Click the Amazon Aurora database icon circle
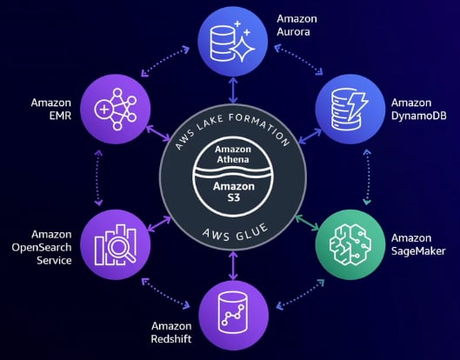point(233,42)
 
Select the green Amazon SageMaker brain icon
point(350,244)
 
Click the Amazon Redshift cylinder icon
point(233,313)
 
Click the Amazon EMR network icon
point(115,110)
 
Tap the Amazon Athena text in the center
point(233,154)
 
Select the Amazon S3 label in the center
point(234,192)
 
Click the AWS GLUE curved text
point(236,232)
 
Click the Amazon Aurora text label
point(297,25)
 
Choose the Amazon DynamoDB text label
point(418,110)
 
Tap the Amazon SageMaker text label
point(418,244)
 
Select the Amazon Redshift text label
point(171,332)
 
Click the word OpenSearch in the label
point(42,248)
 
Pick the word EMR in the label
point(60,116)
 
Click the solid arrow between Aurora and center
point(233,90)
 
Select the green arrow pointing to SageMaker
point(307,223)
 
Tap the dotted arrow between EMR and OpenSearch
point(98,177)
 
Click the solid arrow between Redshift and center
point(233,266)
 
